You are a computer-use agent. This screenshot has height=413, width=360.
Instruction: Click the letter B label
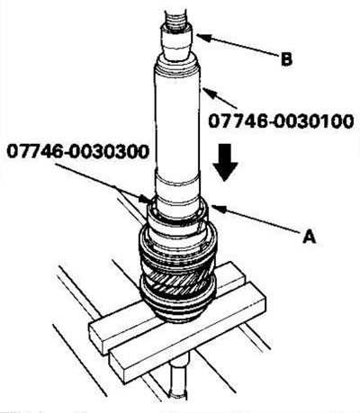pyautogui.click(x=286, y=59)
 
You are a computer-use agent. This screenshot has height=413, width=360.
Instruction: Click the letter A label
pyautogui.click(x=310, y=237)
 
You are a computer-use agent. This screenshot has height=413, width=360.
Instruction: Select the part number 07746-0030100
pyautogui.click(x=281, y=121)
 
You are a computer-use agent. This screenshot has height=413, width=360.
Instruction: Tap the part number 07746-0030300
pyautogui.click(x=78, y=151)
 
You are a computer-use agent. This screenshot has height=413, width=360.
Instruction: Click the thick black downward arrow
pyautogui.click(x=225, y=163)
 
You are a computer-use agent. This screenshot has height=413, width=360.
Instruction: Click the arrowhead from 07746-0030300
pyautogui.click(x=144, y=199)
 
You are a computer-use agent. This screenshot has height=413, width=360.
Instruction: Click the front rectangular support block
pyautogui.click(x=188, y=333)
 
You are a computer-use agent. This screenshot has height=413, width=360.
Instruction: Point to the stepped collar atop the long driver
pyautogui.click(x=177, y=67)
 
